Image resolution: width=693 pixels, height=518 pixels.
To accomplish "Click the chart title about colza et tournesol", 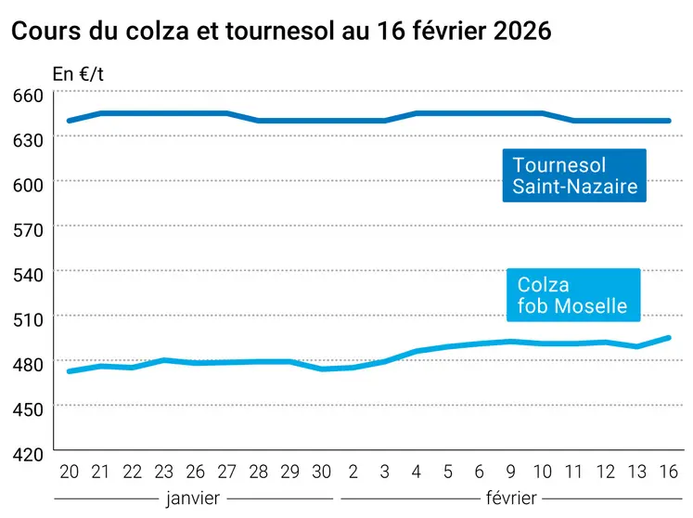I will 281,31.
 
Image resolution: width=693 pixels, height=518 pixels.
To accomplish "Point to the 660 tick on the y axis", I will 28,95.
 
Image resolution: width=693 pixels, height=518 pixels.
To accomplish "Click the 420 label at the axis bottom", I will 28,454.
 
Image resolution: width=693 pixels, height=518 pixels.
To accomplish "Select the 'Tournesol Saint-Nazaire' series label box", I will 574,175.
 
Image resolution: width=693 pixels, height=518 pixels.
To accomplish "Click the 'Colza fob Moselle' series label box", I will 572,295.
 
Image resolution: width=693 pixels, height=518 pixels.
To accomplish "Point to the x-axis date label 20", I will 69,471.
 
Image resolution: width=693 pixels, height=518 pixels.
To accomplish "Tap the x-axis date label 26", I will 197,471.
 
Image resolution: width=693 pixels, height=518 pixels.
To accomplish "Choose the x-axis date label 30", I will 322,471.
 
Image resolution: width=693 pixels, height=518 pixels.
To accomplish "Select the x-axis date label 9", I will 511,471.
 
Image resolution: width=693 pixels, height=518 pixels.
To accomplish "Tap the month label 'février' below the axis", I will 510,498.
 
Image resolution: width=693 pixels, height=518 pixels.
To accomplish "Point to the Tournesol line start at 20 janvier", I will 69,121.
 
